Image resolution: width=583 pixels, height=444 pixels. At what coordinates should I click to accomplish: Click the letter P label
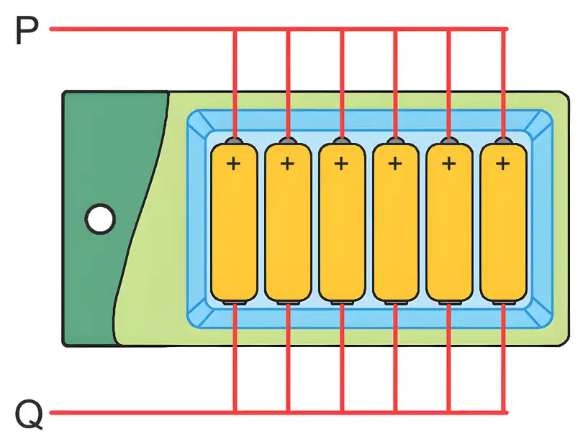tap(27, 31)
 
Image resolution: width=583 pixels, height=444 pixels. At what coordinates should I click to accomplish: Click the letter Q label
tap(29, 414)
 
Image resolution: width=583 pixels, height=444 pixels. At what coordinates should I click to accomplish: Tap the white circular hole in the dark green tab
tap(100, 219)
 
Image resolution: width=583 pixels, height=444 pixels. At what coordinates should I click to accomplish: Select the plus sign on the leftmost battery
tap(233, 163)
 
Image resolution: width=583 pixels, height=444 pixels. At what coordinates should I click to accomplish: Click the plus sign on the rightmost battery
tap(502, 163)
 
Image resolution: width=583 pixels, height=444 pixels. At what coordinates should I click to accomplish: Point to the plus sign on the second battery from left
tap(287, 163)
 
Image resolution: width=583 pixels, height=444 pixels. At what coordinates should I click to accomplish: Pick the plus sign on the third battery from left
tap(341, 163)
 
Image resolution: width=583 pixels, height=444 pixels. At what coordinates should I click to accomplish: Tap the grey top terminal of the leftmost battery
tap(234, 141)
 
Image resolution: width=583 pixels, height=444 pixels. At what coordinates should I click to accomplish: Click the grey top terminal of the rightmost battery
tap(503, 141)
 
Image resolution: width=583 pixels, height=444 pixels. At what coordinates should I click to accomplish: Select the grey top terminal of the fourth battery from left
tap(396, 141)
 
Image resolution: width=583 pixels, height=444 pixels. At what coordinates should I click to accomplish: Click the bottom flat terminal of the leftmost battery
tap(235, 302)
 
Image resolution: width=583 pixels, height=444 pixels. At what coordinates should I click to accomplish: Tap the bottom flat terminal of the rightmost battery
tap(504, 302)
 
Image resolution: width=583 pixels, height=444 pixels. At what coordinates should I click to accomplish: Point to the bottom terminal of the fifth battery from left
tap(450, 302)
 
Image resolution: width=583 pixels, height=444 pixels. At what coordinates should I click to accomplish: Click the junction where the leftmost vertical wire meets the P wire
tap(235, 29)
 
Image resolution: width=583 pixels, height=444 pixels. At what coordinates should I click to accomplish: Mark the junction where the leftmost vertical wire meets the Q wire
tap(235, 412)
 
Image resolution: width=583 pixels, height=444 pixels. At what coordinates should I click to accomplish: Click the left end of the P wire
tap(51, 29)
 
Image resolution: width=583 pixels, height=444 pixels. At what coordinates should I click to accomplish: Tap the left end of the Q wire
tap(51, 412)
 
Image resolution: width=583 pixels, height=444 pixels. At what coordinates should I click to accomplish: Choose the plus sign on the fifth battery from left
tap(449, 163)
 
